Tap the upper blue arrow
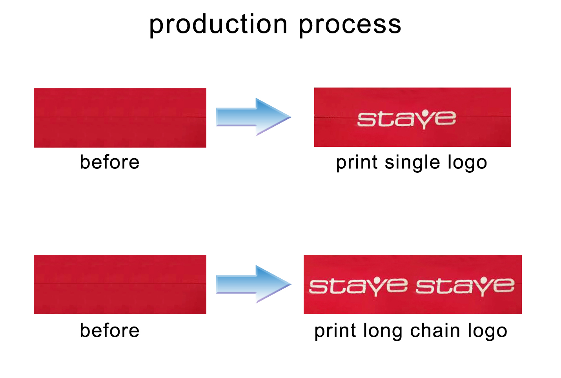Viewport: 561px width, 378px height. [253, 117]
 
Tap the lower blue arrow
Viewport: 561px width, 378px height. [253, 284]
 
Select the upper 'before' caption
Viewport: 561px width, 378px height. [109, 162]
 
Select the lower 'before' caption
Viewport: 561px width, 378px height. [109, 331]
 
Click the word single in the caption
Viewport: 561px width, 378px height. [412, 163]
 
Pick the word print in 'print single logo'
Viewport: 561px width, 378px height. [357, 163]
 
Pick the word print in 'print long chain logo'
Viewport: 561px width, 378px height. [335, 331]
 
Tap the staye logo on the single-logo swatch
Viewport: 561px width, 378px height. [406, 119]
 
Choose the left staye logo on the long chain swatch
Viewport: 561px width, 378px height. [359, 287]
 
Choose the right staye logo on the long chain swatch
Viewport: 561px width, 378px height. [465, 287]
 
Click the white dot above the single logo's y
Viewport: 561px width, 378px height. [425, 113]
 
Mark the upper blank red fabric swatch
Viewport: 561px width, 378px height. [120, 118]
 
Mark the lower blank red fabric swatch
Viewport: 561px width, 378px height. [120, 284]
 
